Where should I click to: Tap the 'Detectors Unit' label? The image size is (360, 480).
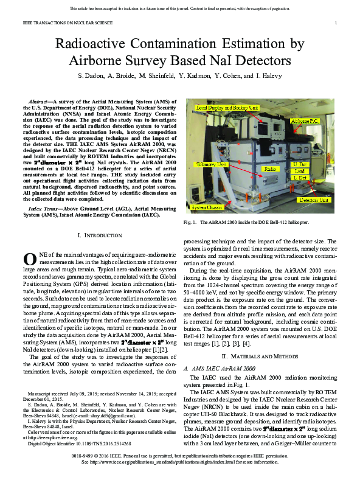pyautogui.click(x=315, y=200)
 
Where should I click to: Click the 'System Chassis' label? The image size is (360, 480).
pyautogui.click(x=206, y=207)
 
